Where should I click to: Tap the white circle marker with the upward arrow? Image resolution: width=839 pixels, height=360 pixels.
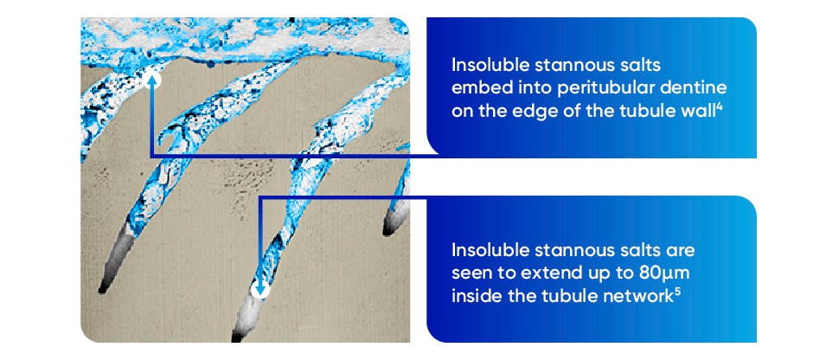click(153, 80)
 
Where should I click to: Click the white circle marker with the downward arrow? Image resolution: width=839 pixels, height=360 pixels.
click(260, 290)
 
